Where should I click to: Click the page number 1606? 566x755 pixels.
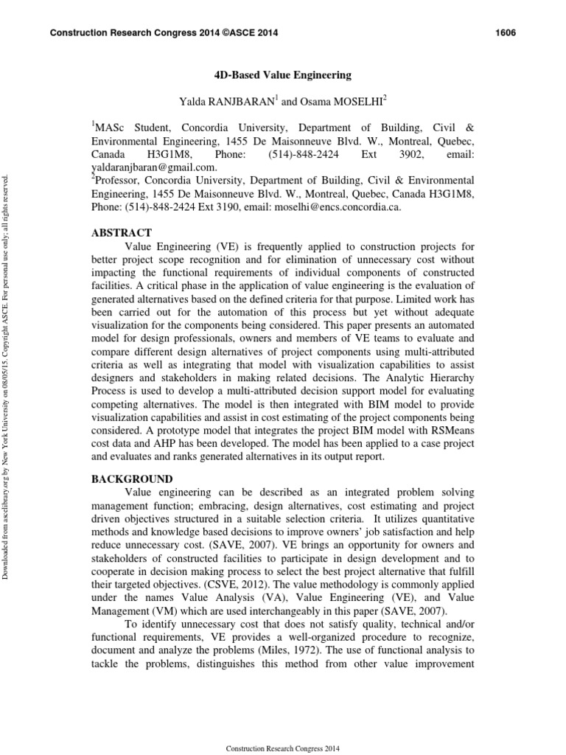(x=503, y=33)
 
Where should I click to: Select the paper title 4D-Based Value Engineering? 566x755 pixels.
(x=283, y=75)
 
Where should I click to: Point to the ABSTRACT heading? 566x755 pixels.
(x=122, y=232)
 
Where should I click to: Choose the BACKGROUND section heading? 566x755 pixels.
(x=132, y=479)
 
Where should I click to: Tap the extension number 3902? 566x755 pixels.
(x=410, y=154)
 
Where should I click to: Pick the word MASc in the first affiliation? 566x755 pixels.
(x=111, y=128)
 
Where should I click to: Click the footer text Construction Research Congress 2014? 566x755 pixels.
(x=283, y=748)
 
